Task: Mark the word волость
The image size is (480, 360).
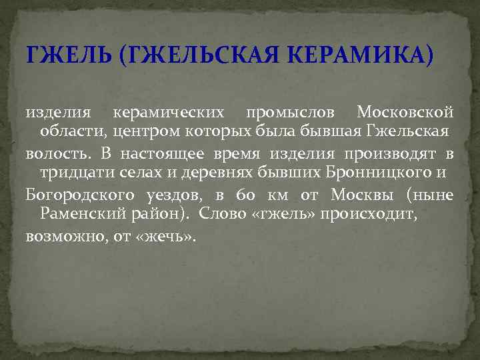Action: pyautogui.click(x=59, y=154)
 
